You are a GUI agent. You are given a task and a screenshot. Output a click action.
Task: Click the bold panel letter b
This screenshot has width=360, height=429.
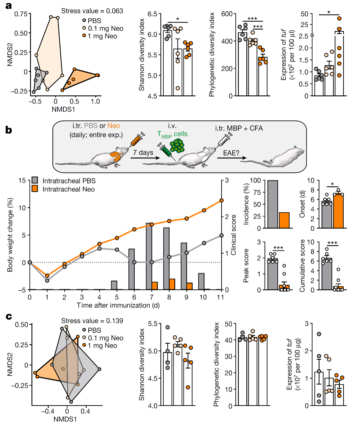click(9, 130)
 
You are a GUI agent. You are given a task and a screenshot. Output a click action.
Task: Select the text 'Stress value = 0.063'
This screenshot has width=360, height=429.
click(92, 11)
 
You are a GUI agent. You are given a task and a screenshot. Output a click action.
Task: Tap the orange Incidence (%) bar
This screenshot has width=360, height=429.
click(284, 220)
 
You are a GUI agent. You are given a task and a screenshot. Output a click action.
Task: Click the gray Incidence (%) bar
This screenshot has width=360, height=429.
click(273, 204)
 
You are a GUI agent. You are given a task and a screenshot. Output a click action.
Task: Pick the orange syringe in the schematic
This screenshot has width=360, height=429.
click(136, 139)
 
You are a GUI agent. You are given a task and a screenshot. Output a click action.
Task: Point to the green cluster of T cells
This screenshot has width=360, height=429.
click(177, 146)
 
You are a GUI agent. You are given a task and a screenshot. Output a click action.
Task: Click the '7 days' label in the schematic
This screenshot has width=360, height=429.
click(143, 152)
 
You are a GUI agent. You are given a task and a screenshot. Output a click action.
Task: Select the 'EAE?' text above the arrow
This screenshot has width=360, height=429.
click(231, 153)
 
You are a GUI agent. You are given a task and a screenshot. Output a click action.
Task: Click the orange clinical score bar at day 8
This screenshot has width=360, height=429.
click(172, 284)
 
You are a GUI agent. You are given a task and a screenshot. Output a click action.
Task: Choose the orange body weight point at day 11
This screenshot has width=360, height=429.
click(221, 200)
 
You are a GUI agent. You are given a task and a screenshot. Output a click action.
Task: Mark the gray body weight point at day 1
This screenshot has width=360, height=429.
click(47, 281)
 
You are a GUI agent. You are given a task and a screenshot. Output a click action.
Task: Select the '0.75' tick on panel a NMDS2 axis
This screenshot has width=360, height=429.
click(21, 14)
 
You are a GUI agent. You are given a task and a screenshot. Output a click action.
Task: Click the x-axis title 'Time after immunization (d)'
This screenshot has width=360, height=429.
click(118, 305)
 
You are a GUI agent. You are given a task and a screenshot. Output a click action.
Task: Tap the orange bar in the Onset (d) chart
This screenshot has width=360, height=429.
click(338, 211)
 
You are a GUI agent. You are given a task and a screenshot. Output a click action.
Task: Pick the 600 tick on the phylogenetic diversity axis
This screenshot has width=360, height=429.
click(227, 14)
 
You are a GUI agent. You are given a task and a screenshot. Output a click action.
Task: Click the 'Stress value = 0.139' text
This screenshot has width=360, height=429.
click(92, 321)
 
